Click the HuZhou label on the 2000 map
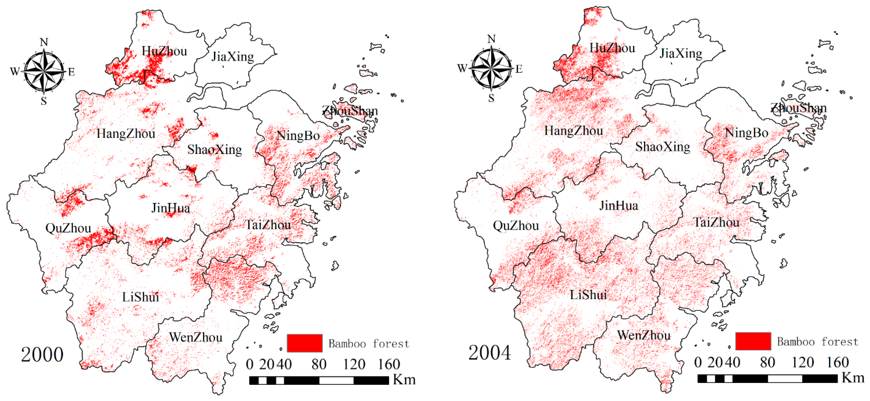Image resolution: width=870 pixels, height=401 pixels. tap(164, 51)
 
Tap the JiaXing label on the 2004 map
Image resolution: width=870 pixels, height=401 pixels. tap(681, 53)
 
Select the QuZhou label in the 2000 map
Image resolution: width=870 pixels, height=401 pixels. tap(68, 228)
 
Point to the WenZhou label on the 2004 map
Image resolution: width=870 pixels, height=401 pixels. tap(644, 335)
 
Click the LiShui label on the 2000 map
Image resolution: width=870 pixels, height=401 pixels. tap(140, 297)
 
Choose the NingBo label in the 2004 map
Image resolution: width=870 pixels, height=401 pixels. tap(747, 133)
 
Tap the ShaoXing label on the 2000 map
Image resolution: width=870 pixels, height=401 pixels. tap(215, 150)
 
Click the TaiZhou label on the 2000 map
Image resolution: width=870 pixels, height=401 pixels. tap(268, 225)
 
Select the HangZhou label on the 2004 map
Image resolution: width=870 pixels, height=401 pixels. tap(574, 131)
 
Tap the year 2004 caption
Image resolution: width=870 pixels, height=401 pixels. tap(490, 353)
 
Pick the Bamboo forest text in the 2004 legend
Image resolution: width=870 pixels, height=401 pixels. tap(817, 342)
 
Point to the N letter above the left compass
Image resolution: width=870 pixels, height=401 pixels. tap(44, 42)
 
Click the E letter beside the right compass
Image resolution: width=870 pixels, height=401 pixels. tap(519, 69)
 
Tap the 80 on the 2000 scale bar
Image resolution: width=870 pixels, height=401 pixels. tap(319, 364)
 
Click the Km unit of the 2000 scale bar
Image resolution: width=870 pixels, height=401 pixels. tap(404, 380)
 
